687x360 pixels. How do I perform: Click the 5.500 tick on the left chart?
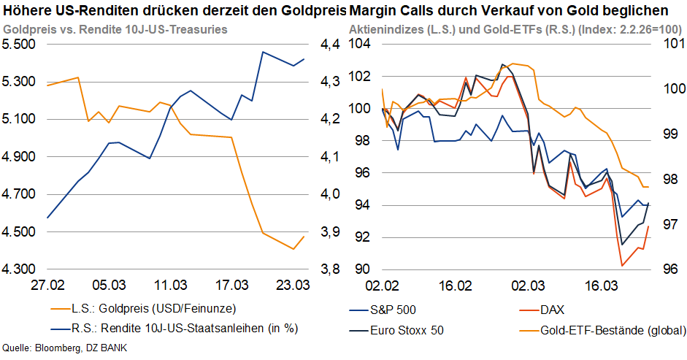point(18,44)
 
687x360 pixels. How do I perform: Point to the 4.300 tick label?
point(18,269)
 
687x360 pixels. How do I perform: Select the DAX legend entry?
point(553,309)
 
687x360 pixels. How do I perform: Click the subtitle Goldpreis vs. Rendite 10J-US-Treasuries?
point(115,29)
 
